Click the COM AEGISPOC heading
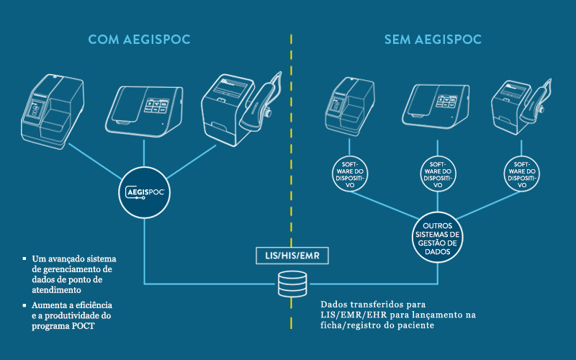tap(139, 40)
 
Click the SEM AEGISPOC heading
tap(432, 40)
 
